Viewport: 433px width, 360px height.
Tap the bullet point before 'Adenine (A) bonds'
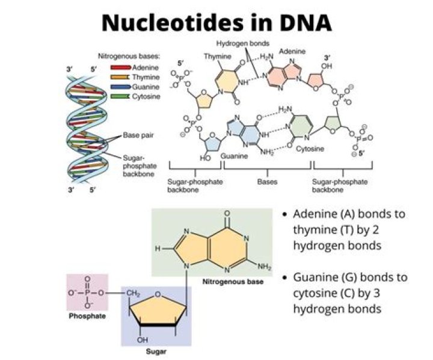pos(285,214)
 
